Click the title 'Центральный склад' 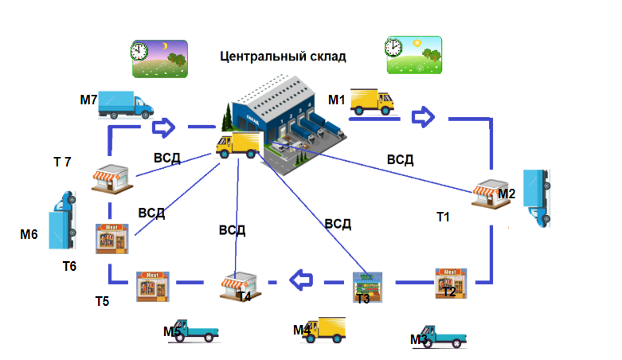283,57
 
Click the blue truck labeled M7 126,104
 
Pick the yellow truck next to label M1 372,101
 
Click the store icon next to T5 151,287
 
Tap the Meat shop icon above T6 111,238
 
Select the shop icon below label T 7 110,178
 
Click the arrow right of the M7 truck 164,126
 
